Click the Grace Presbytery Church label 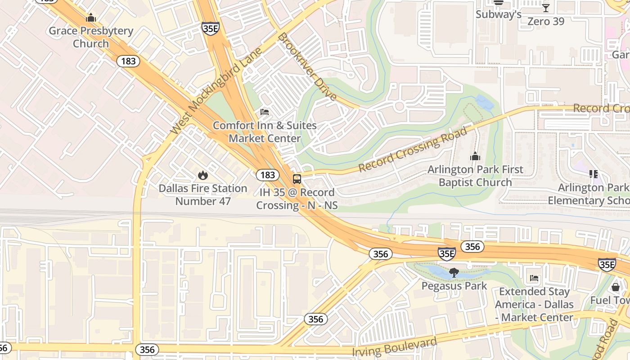(x=91, y=37)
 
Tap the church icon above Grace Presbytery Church (x=91, y=18)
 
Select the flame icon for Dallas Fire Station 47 (x=203, y=175)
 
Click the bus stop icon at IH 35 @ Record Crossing (x=297, y=179)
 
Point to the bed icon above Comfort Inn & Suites (x=265, y=112)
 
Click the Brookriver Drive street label (x=307, y=67)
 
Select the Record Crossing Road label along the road (x=413, y=149)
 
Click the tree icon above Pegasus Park (x=454, y=272)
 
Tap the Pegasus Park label (x=454, y=286)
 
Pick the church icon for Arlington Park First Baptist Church (x=475, y=157)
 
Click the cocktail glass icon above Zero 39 (x=545, y=8)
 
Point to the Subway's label (x=499, y=14)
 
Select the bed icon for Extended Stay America (x=534, y=278)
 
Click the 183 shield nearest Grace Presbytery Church (x=128, y=61)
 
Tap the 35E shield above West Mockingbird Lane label (x=210, y=27)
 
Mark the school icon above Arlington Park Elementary (x=593, y=174)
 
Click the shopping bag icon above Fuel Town (x=616, y=287)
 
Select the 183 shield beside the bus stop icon (x=267, y=175)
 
